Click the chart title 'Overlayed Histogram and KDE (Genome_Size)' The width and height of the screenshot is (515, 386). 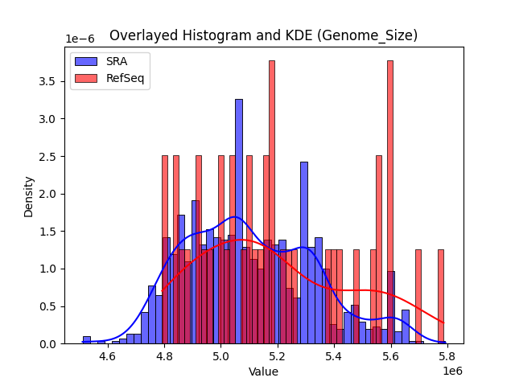263,35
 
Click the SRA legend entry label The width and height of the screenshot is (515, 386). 117,61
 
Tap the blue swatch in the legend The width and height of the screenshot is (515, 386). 86,61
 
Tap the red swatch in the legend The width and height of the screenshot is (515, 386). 86,77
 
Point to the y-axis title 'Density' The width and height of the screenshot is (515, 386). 29,195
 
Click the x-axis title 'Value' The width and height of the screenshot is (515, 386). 263,372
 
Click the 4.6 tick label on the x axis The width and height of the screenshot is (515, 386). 107,356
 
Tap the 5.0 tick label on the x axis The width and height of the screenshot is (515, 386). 221,356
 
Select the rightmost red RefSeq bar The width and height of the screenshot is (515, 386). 440,297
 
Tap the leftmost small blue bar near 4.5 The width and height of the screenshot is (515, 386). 86,340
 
